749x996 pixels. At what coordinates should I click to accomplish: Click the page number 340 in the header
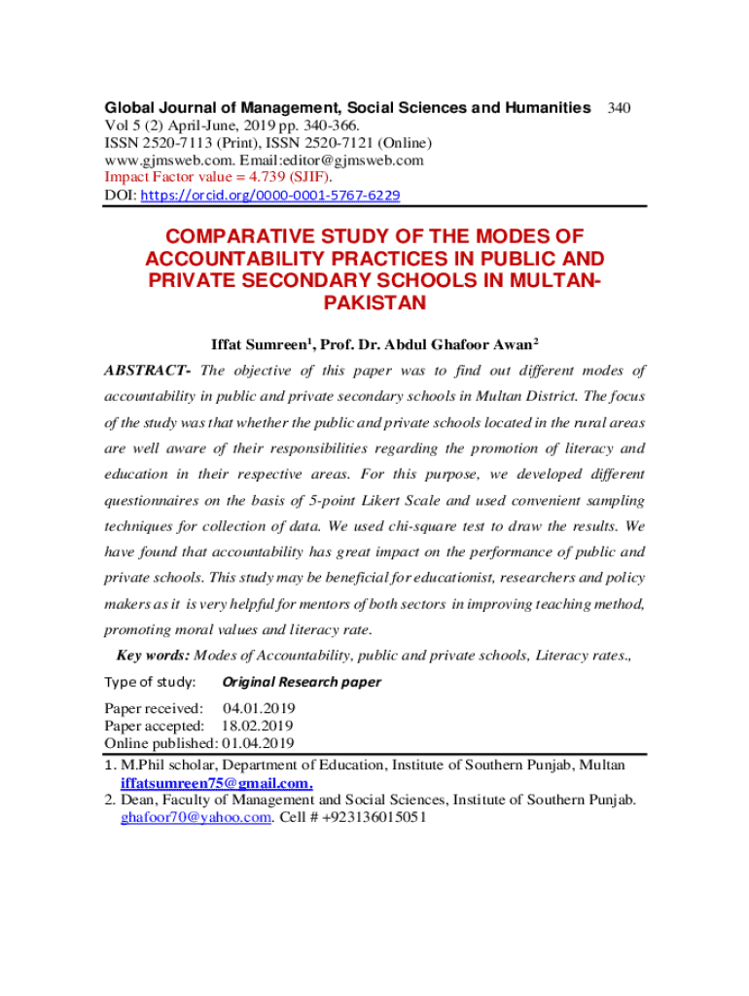(x=619, y=108)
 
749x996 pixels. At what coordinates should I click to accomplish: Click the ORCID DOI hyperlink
(x=270, y=196)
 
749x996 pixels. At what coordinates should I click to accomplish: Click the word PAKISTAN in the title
(x=374, y=302)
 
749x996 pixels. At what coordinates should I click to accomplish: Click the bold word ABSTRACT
(x=146, y=371)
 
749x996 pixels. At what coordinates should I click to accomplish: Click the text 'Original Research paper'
(x=302, y=682)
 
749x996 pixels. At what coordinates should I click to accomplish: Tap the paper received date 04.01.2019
(x=260, y=708)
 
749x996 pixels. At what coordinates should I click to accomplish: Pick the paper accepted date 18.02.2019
(x=257, y=726)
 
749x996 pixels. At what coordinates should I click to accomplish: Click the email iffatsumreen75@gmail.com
(x=216, y=783)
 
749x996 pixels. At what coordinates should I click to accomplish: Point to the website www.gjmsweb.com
(x=165, y=160)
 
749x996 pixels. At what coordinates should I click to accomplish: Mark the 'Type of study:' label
(x=150, y=682)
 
